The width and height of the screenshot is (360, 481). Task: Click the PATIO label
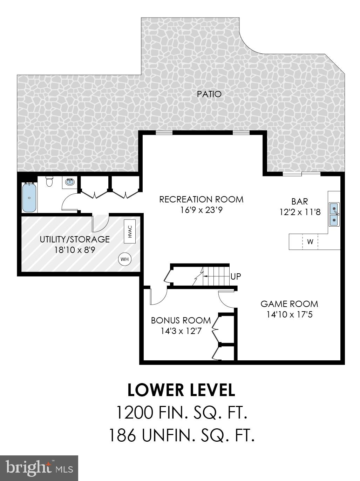coord(209,94)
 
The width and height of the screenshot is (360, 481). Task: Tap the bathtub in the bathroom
coord(29,198)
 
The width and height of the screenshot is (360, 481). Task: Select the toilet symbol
coord(49,182)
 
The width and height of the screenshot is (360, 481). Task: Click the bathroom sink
coord(69,182)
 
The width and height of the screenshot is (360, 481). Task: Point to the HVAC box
coord(130,231)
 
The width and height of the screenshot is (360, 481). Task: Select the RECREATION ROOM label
coord(201,199)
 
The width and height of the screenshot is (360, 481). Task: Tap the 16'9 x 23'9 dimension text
coord(201,210)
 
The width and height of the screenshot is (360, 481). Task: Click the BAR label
coord(300,201)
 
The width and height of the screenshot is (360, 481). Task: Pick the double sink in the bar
coord(334,214)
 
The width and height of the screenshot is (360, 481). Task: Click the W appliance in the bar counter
coord(310,242)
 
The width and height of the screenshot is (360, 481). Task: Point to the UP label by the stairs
coord(236,276)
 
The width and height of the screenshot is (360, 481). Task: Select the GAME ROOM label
coord(289,304)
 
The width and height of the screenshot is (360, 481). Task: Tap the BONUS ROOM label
coord(181,320)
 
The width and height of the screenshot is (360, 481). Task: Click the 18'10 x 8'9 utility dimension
coord(75,250)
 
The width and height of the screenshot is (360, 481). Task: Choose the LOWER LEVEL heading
coord(181,390)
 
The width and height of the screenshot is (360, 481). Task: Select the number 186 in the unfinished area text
coord(122,435)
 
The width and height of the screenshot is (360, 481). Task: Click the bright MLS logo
coord(39,468)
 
